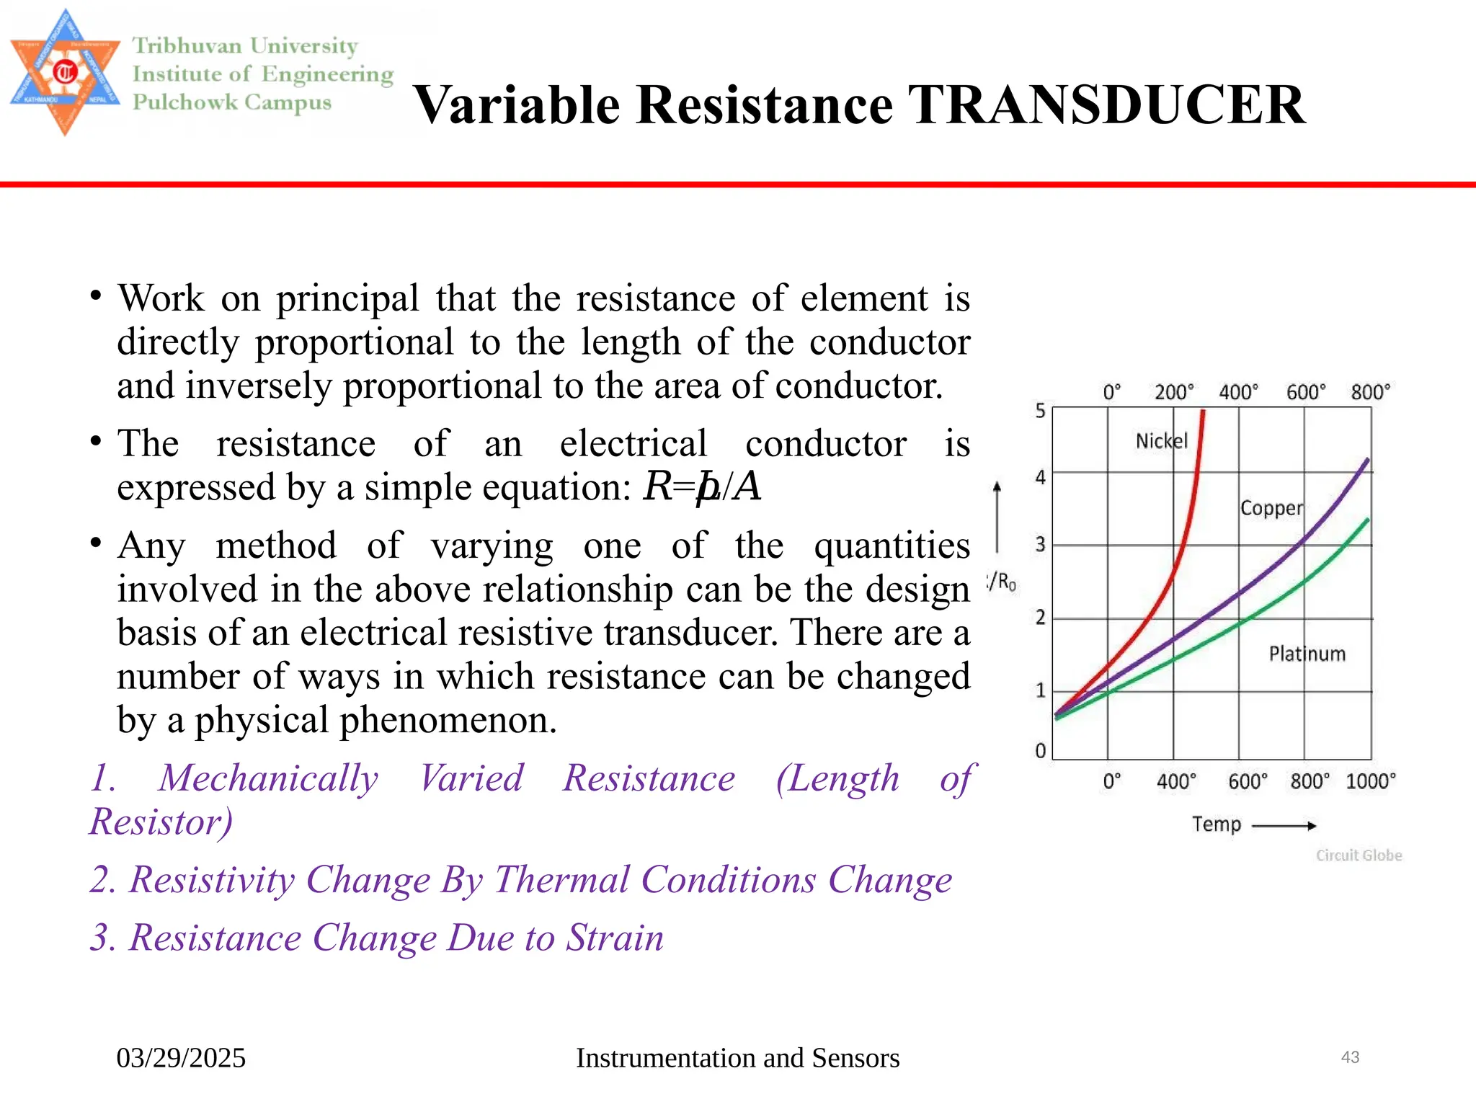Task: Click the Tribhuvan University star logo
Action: pyautogui.click(x=65, y=72)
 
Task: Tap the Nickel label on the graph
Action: pyautogui.click(x=1161, y=440)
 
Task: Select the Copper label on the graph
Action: pyautogui.click(x=1271, y=508)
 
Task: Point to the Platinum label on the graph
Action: pyautogui.click(x=1307, y=654)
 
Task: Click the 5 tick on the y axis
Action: pyautogui.click(x=1040, y=411)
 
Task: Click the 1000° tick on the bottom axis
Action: pyautogui.click(x=1370, y=781)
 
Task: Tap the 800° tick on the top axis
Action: pyautogui.click(x=1369, y=392)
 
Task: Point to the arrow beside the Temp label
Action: pyautogui.click(x=1284, y=825)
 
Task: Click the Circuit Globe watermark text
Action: pyautogui.click(x=1359, y=855)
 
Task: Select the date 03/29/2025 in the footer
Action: pyautogui.click(x=181, y=1058)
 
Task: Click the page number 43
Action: pyautogui.click(x=1350, y=1057)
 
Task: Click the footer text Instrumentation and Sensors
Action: pyautogui.click(x=737, y=1058)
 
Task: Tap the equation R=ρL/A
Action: pyautogui.click(x=702, y=486)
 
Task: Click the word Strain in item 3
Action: pyautogui.click(x=614, y=938)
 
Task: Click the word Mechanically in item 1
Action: pyautogui.click(x=268, y=778)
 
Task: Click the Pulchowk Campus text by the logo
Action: pyautogui.click(x=231, y=102)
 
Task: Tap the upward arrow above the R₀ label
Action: pyautogui.click(x=997, y=515)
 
